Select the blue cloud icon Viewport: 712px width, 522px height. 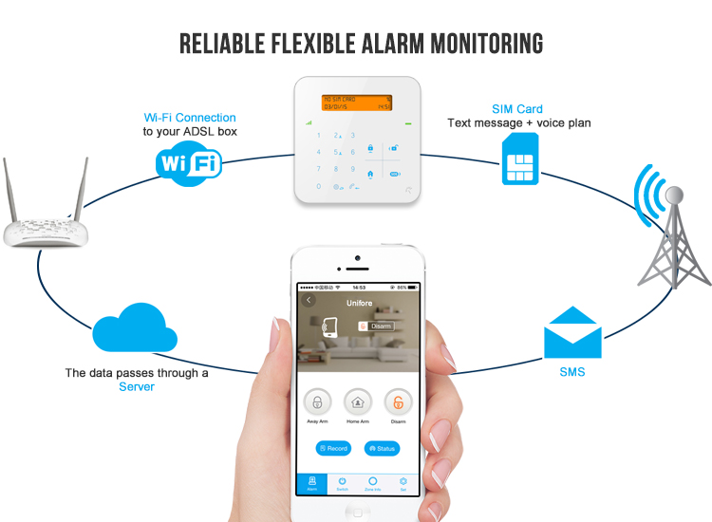pos(135,328)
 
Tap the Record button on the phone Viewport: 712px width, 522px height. pos(333,448)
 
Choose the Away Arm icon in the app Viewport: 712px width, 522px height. pos(318,401)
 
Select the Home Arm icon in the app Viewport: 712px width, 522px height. pos(358,401)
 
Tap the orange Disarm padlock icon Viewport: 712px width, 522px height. pos(399,401)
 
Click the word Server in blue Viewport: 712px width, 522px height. pos(136,387)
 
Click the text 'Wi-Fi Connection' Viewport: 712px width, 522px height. pos(191,118)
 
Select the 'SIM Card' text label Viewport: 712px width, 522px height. pos(517,109)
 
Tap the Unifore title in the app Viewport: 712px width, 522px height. pos(359,304)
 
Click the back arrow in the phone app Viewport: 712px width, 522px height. pos(309,300)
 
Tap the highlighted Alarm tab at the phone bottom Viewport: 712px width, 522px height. pos(311,483)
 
